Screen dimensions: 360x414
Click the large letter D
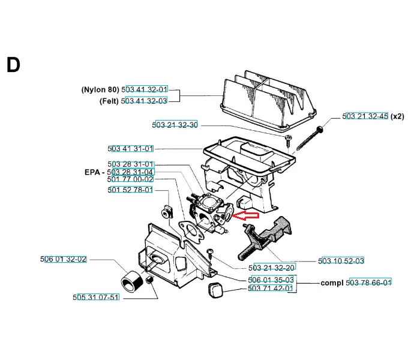click(x=13, y=65)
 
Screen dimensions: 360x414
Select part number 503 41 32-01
click(x=145, y=89)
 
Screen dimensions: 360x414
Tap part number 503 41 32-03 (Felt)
click(x=144, y=101)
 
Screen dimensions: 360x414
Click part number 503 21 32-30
click(x=175, y=125)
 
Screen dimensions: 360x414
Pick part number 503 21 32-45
click(x=365, y=116)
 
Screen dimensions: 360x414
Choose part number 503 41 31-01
click(x=131, y=148)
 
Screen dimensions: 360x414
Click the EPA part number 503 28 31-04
click(x=130, y=172)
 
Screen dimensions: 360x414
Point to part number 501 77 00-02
click(x=130, y=179)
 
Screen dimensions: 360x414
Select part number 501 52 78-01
click(x=130, y=190)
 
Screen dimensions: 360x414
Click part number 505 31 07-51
click(x=97, y=297)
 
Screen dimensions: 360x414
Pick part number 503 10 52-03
click(x=341, y=260)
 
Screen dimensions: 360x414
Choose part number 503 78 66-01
click(x=369, y=283)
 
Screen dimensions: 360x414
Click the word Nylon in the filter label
click(x=94, y=89)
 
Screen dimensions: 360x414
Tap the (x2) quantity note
click(x=398, y=116)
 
